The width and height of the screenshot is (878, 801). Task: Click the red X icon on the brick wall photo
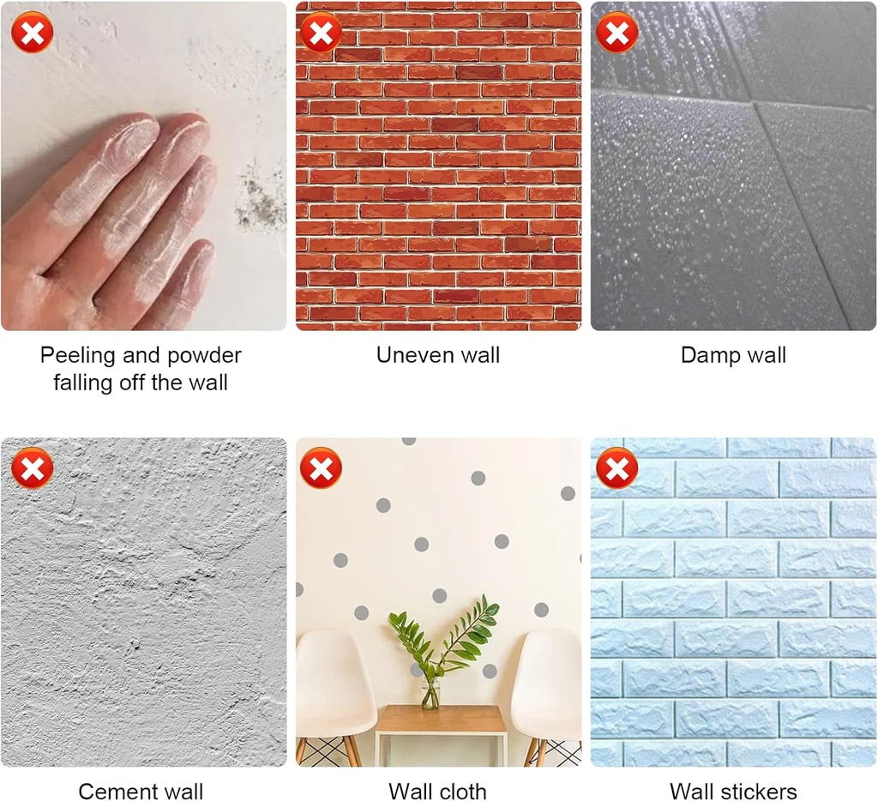pos(321,33)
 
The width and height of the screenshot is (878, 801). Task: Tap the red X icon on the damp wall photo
pos(617,33)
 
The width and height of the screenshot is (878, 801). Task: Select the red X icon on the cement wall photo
pos(33,467)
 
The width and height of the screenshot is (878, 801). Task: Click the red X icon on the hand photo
pos(33,33)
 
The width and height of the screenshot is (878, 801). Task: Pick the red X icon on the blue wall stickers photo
pos(617,467)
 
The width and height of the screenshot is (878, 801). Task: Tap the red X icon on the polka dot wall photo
pos(321,467)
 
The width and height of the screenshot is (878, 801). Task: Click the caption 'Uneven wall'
pos(438,355)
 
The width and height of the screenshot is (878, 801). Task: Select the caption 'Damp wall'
pos(734,356)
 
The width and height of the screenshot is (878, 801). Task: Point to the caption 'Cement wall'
pos(141,791)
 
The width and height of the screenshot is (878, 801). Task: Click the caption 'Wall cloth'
pos(438,791)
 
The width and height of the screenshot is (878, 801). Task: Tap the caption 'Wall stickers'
pos(734,791)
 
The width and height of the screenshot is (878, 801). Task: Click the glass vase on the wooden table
pos(430,694)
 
